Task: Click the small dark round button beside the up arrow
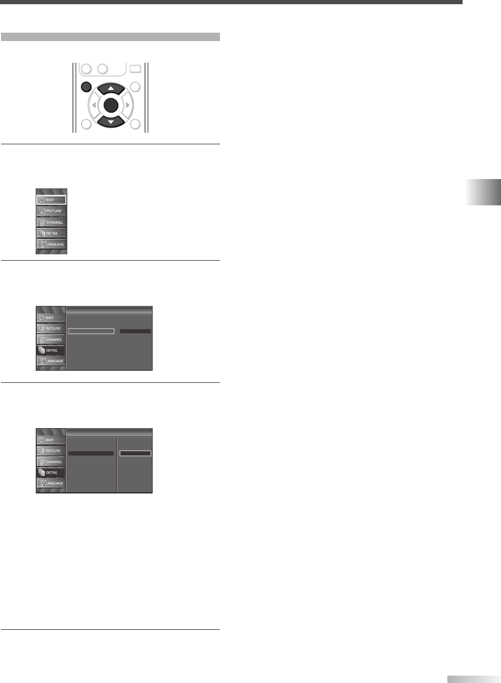pyautogui.click(x=87, y=87)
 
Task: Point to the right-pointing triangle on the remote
pyautogui.click(x=128, y=105)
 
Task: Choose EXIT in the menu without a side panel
pyautogui.click(x=51, y=200)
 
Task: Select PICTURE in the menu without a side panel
pyautogui.click(x=51, y=211)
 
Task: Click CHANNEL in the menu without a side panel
pyautogui.click(x=51, y=222)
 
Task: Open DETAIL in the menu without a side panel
pyautogui.click(x=51, y=233)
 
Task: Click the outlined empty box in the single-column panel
pyautogui.click(x=91, y=331)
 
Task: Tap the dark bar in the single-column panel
pyautogui.click(x=135, y=331)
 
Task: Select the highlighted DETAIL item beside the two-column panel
pyautogui.click(x=51, y=473)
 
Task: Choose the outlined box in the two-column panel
pyautogui.click(x=135, y=453)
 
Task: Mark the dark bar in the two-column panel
pyautogui.click(x=91, y=453)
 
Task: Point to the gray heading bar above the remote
pyautogui.click(x=110, y=37)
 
